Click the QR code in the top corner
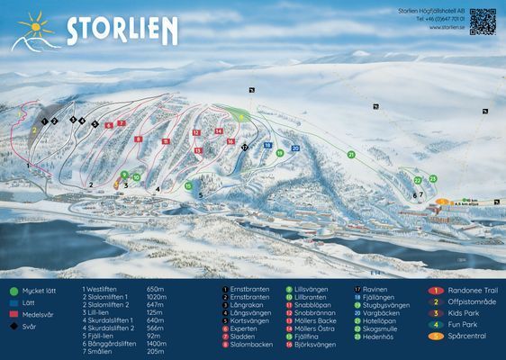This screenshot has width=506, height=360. (x=482, y=20)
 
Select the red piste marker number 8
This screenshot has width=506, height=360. (x=138, y=139)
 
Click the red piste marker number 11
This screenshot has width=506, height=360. (x=166, y=141)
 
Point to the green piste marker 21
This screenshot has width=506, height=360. (x=350, y=154)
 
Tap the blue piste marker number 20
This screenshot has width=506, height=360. (x=295, y=148)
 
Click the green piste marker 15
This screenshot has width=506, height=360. (x=188, y=185)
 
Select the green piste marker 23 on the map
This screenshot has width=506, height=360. (x=432, y=179)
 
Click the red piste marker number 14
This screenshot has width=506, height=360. (x=219, y=130)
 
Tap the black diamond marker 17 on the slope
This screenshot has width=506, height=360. (x=244, y=145)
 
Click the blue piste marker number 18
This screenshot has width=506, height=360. (x=267, y=145)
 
